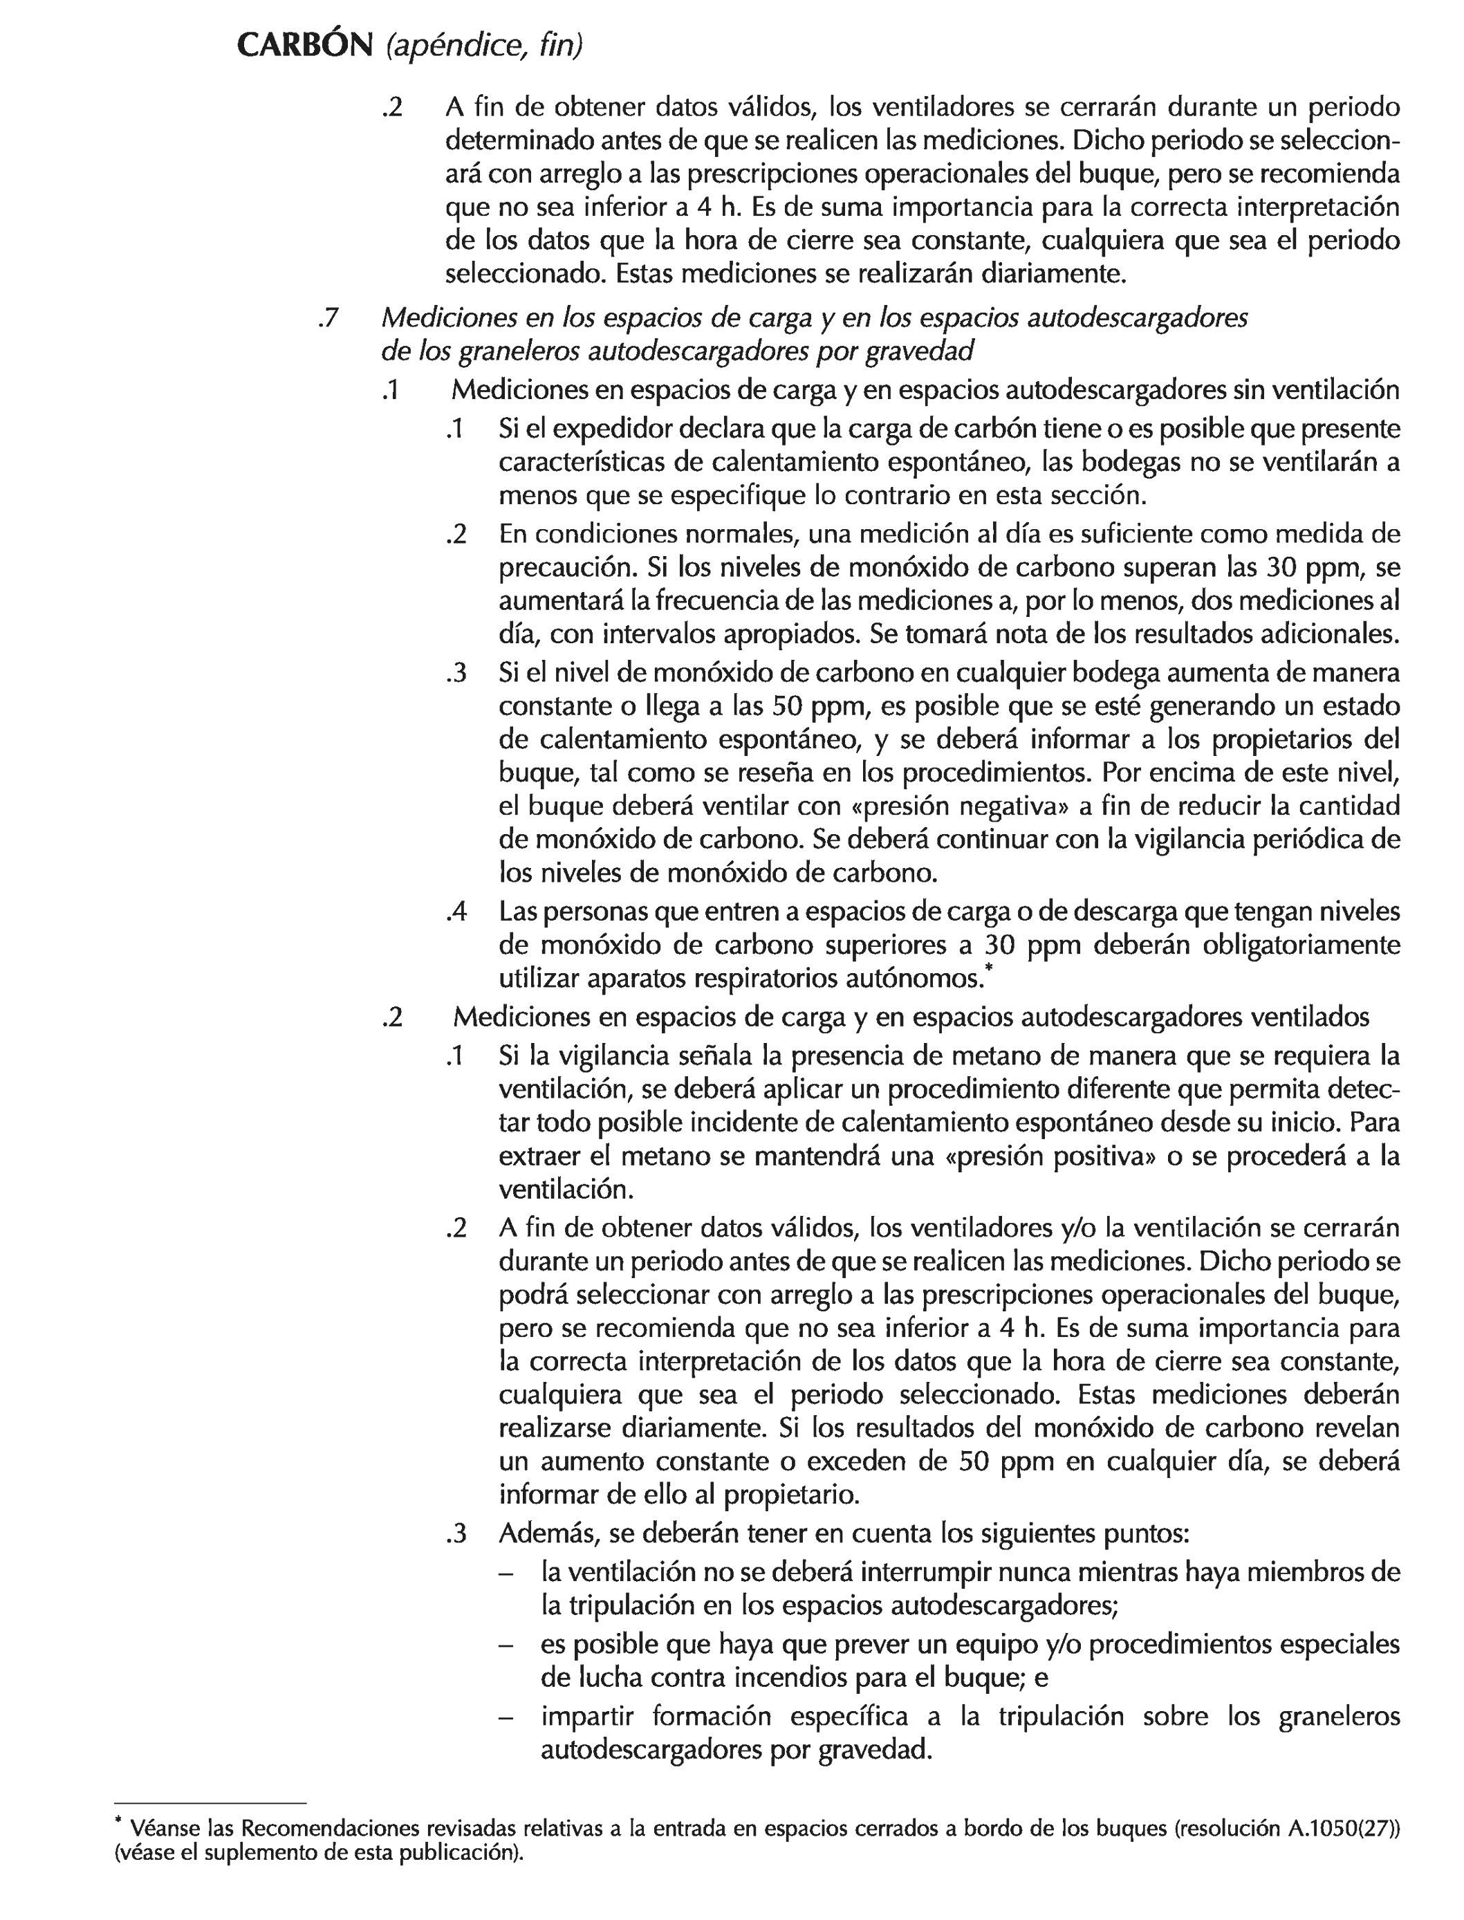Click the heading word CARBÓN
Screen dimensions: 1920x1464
[304, 46]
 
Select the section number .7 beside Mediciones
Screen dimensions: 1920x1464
[328, 319]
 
